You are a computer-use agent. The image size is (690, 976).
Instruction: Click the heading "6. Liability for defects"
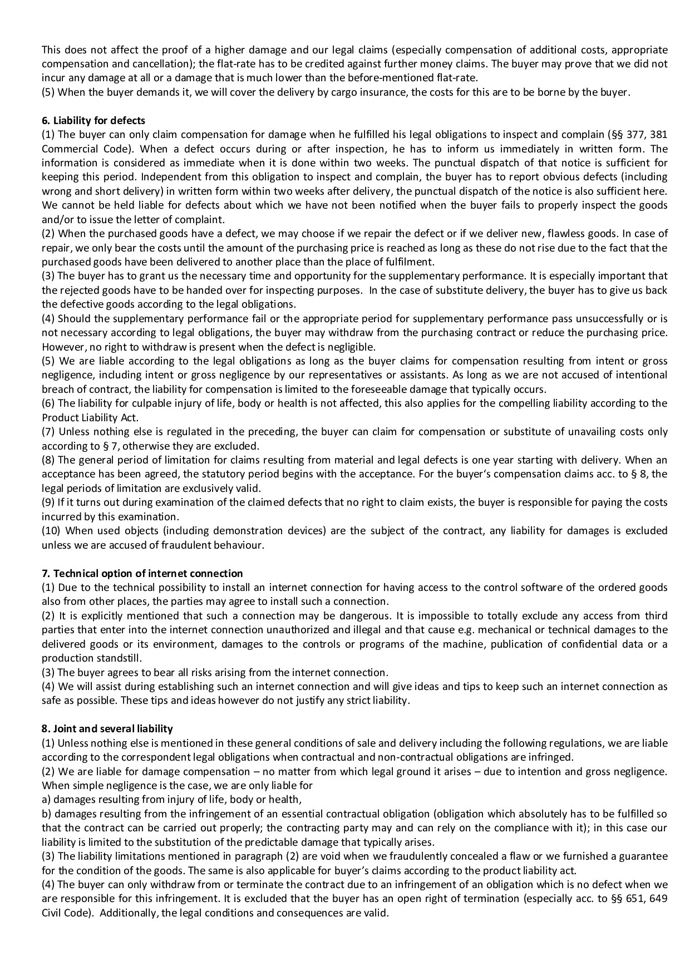[93, 120]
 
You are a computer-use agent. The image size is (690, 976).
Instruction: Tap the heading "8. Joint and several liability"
[107, 728]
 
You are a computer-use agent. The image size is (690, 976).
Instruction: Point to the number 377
[635, 135]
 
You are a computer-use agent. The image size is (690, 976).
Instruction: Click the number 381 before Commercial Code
[658, 135]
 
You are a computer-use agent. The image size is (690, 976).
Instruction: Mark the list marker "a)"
[46, 800]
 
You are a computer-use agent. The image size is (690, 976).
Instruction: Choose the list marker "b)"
[46, 814]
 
